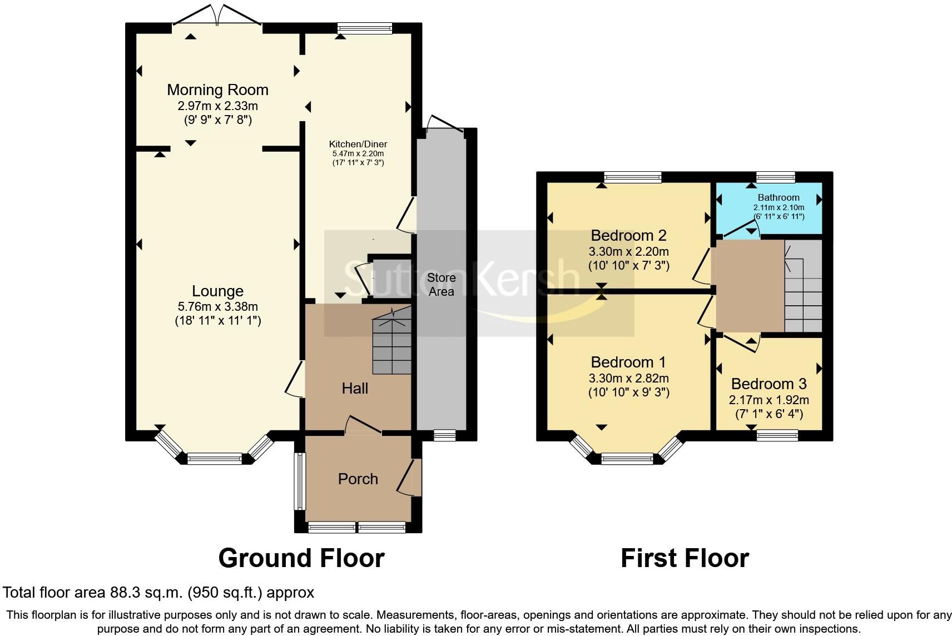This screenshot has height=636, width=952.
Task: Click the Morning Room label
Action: [217, 90]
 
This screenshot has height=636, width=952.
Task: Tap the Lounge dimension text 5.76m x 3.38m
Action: [217, 306]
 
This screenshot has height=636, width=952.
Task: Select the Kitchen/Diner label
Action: [358, 144]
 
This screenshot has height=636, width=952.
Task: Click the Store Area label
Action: [441, 284]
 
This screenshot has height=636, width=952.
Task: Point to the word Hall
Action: [355, 388]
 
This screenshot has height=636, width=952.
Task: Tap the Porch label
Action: [358, 479]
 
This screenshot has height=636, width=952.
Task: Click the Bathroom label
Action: [779, 197]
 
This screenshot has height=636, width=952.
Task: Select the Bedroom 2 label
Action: [628, 235]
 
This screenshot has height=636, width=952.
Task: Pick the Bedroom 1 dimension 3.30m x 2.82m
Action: [628, 378]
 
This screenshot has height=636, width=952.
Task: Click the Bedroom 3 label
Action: [769, 384]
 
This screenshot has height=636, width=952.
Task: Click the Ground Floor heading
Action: [301, 558]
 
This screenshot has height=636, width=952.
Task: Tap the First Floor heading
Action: [685, 558]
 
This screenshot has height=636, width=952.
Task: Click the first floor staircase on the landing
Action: [803, 286]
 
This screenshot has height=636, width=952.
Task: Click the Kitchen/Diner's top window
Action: [365, 28]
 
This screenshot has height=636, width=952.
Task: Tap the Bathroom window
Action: [776, 177]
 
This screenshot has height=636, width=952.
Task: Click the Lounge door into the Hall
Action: [295, 379]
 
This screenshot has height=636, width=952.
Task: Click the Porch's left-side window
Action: [300, 481]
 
